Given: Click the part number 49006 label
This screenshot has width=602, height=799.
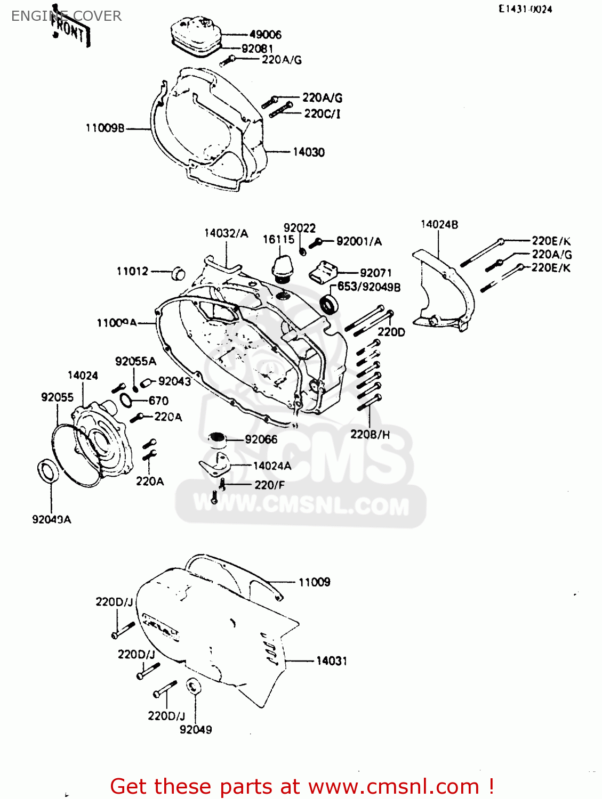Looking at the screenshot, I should (265, 35).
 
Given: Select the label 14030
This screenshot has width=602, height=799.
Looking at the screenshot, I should (309, 152).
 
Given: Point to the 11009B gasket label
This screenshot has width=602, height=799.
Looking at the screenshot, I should (105, 128).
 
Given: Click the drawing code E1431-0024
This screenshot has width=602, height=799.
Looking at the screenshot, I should (525, 9).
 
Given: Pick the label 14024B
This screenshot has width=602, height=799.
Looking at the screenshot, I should (439, 225).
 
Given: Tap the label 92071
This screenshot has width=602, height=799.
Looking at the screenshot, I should (375, 273).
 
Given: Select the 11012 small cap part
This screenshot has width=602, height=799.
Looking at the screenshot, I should (179, 274).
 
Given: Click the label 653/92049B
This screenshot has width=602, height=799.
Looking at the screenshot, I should (368, 287).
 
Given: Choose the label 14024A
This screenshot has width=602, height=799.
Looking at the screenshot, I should (272, 466).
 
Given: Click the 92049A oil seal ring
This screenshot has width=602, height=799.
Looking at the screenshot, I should (48, 471).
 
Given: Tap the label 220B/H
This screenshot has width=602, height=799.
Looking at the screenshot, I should (370, 435).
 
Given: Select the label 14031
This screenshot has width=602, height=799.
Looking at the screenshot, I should (331, 661).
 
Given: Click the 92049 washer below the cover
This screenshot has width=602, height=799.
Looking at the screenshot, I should (194, 686).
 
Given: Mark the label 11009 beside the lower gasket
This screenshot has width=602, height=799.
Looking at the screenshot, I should (314, 582).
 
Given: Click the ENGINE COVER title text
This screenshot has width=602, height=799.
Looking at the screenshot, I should (66, 16).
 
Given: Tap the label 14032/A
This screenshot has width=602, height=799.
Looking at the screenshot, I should (226, 233).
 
